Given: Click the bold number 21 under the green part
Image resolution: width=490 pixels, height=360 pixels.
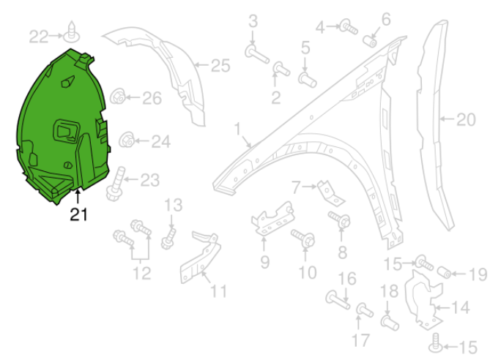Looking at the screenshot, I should pyautogui.click(x=78, y=214).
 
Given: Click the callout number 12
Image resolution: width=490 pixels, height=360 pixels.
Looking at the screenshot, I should pyautogui.click(x=141, y=274).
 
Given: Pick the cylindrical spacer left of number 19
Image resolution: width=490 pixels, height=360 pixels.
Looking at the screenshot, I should pyautogui.click(x=444, y=274).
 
